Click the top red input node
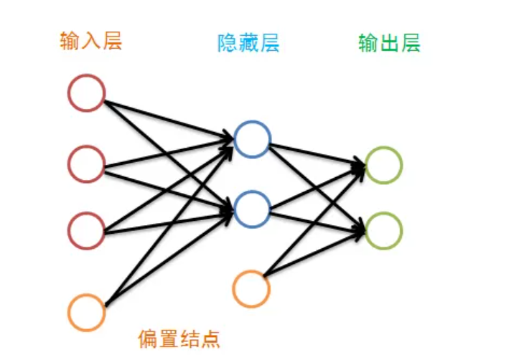point(87,93)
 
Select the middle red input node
point(87,164)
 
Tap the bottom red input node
point(87,231)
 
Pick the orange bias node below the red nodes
point(87,312)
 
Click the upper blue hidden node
point(252,139)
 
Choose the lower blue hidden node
point(252,209)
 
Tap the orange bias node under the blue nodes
point(251,288)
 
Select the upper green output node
point(383,165)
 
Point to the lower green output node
point(383,230)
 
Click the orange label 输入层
point(90,41)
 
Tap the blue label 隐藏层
point(248,44)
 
